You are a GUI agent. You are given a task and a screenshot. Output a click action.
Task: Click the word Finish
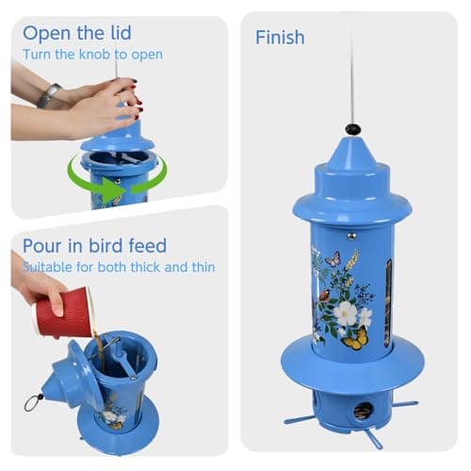click(280, 38)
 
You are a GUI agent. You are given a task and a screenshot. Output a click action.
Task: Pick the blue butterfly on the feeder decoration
click(332, 256)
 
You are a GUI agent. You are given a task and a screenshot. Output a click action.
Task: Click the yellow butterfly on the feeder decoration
click(354, 339)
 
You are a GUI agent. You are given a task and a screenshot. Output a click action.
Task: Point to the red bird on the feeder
click(324, 295)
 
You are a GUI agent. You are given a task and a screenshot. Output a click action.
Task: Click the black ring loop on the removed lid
click(35, 403)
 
